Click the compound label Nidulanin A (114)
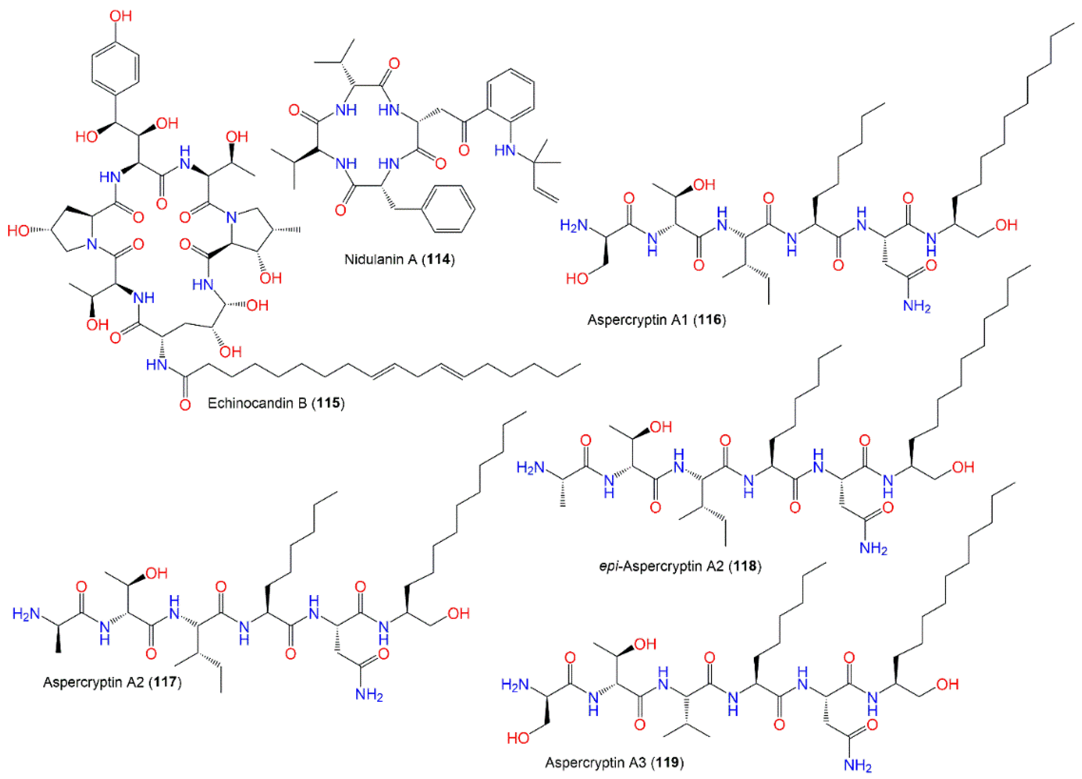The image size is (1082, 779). pos(399,260)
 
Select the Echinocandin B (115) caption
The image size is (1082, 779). pos(276,403)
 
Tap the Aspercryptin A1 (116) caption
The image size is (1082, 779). pos(656,320)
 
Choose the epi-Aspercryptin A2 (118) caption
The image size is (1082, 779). pos(680,566)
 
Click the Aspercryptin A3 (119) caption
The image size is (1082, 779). pos(614,762)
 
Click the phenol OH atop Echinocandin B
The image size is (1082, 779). pos(120,16)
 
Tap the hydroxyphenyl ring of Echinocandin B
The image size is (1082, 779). pos(116,68)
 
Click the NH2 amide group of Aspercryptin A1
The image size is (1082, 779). pos(917,306)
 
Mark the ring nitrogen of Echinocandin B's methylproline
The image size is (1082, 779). pos(232,218)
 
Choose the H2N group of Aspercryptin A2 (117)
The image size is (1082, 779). pos(26,614)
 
